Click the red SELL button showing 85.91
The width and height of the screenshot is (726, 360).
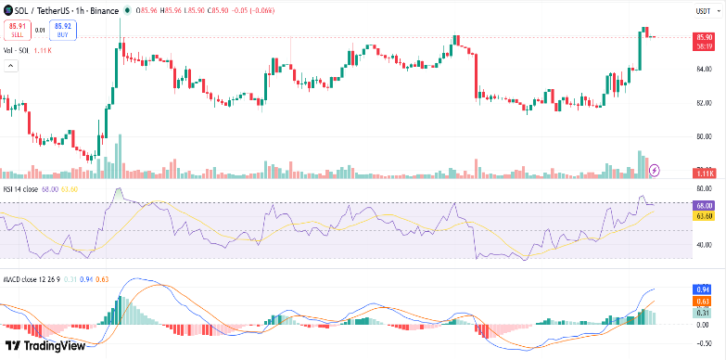click(x=16, y=30)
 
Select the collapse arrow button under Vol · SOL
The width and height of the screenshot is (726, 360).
click(x=11, y=66)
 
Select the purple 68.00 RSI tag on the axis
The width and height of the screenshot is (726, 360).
click(x=703, y=206)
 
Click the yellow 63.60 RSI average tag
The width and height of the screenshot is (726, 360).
click(x=703, y=216)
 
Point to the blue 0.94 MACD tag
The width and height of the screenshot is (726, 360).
click(x=703, y=289)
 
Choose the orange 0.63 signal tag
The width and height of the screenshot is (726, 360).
click(x=703, y=302)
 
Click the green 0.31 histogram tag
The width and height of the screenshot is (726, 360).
click(x=703, y=313)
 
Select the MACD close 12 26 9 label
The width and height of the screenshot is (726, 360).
click(x=32, y=277)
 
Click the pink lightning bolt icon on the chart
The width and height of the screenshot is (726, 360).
click(x=656, y=170)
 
